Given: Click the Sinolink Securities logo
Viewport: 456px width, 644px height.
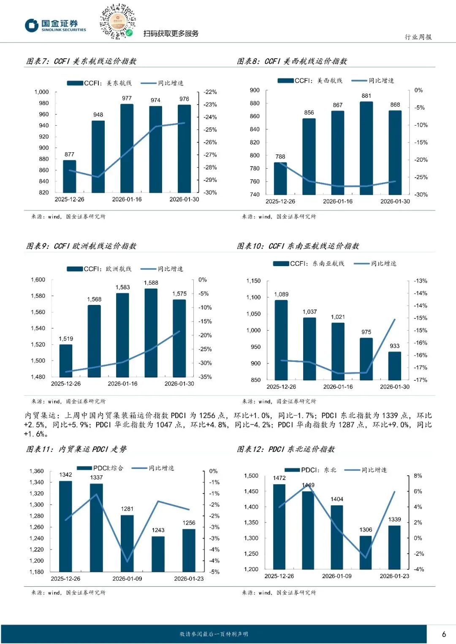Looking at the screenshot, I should point(55,25).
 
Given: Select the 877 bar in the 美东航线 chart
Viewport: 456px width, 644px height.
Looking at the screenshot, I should point(70,176).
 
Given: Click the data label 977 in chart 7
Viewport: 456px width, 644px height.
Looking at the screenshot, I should point(127,98).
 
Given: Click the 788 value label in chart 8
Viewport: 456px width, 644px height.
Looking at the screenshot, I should point(280,156).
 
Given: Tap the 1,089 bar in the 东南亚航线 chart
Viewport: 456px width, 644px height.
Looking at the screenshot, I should point(281,340).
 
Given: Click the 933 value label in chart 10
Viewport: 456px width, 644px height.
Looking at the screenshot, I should point(394,346).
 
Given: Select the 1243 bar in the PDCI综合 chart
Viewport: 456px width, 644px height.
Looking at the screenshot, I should point(158,554).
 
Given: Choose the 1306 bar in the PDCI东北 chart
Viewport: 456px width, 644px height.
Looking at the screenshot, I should point(366,552).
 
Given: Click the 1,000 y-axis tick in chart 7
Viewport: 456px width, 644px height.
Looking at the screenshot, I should point(41,92).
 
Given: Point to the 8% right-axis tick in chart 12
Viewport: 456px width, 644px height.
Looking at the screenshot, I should point(418,476).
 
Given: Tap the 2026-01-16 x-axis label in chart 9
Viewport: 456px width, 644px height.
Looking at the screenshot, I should point(122,384).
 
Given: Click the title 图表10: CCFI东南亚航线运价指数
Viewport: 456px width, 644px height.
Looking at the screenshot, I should point(298,246).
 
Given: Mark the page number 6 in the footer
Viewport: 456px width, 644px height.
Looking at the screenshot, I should point(444,634).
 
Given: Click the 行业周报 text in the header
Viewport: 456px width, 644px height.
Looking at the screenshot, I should point(418,37).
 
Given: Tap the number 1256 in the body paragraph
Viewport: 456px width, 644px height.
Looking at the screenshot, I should point(207,416).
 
